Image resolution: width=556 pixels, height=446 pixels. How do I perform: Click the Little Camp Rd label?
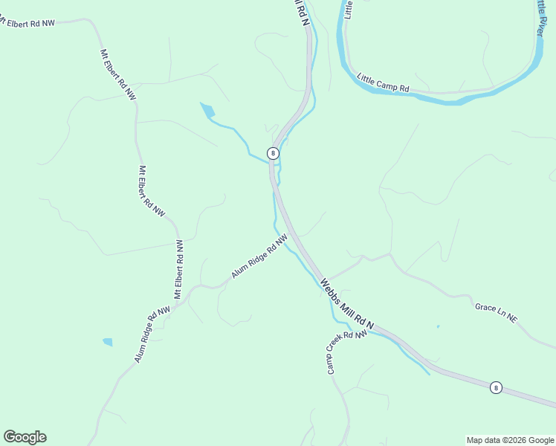(383, 83)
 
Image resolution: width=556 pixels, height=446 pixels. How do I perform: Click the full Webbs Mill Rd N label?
(346, 305)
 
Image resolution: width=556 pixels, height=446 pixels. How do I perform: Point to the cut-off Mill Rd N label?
(298, 13)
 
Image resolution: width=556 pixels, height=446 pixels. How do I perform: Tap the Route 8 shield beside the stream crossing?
(273, 153)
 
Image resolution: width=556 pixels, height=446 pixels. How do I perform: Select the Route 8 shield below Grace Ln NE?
(496, 387)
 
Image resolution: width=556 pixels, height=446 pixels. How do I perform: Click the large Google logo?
(25, 437)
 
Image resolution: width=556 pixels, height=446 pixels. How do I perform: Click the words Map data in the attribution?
(481, 440)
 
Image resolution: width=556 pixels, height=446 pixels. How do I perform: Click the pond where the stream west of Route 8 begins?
(207, 111)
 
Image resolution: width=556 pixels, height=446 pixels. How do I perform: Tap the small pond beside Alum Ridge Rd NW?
(108, 342)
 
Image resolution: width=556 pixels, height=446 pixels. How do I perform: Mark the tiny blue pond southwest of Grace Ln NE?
(438, 326)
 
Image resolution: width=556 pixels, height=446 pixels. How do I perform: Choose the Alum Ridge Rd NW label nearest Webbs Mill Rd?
(259, 256)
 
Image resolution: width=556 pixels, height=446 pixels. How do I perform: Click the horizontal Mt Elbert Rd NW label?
(28, 22)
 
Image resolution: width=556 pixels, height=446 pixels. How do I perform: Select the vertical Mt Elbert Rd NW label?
(178, 269)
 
